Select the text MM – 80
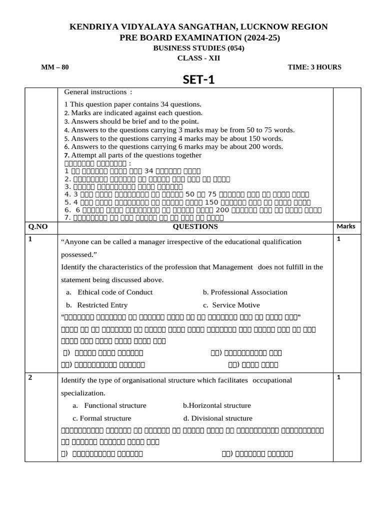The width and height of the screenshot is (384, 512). point(55,67)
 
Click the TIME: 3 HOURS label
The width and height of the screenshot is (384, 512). point(314,67)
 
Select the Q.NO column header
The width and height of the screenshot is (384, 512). point(38,226)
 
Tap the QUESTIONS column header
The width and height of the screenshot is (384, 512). point(195,226)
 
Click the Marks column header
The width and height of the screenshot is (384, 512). point(346,226)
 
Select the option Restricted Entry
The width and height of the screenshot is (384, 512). point(102,305)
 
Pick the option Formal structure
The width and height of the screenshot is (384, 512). point(102,418)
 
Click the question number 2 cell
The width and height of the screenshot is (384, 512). point(31,377)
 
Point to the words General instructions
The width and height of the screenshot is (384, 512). point(93,92)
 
